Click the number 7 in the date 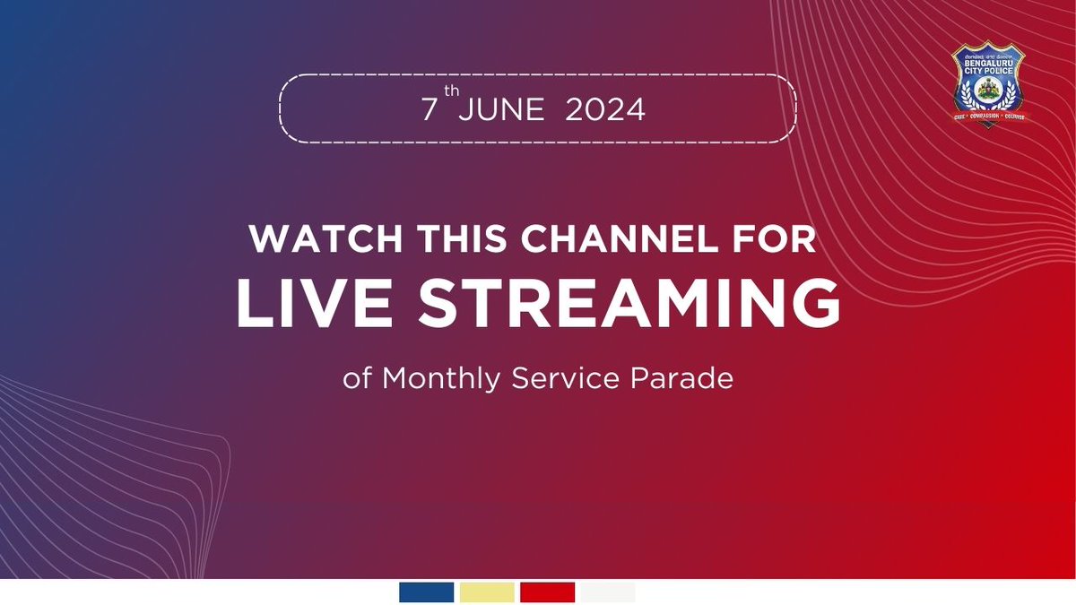pyautogui.click(x=430, y=109)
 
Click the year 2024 pyautogui.click(x=605, y=109)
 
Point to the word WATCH pyautogui.click(x=308, y=241)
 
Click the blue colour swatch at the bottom pyautogui.click(x=427, y=592)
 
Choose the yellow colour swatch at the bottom pyautogui.click(x=487, y=592)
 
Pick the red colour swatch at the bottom pyautogui.click(x=547, y=592)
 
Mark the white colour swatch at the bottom pyautogui.click(x=607, y=592)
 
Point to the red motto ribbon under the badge pyautogui.click(x=989, y=117)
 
